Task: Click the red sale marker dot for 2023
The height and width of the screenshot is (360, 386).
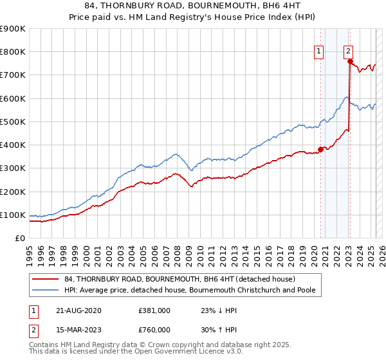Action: coord(350,61)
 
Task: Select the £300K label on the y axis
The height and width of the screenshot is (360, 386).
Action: coord(13,168)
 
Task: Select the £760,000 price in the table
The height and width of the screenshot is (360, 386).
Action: coord(154,330)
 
